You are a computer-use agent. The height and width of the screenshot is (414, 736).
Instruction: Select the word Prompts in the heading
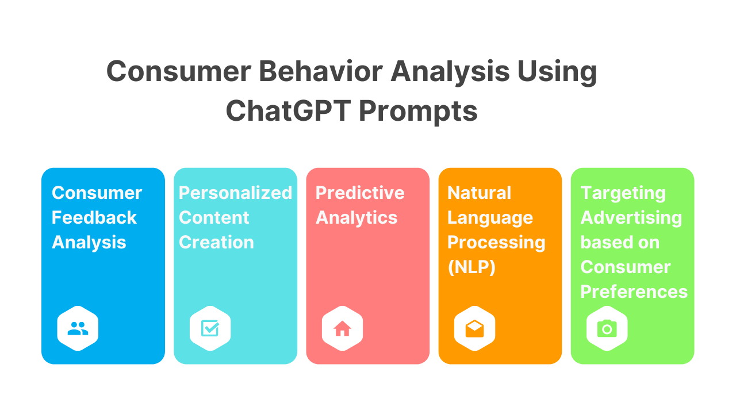pos(418,110)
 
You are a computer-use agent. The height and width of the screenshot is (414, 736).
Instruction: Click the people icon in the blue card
pos(78,329)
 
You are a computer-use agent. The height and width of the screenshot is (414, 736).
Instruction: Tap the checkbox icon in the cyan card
pos(210,329)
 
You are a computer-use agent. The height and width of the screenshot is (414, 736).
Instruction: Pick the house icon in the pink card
pos(342,329)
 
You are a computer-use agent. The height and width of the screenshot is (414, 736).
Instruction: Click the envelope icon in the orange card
pos(474,329)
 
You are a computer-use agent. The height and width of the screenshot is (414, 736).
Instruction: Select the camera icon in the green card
pos(607,329)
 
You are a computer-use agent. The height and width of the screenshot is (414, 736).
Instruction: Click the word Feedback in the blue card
pos(94,217)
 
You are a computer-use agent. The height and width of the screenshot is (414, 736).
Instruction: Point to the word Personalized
pos(235,193)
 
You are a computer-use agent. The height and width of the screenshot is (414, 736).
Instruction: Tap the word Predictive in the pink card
pos(360,193)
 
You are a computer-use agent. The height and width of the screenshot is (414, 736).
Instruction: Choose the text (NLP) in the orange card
pos(471,267)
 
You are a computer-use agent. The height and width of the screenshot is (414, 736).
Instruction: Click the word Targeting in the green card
pos(623,193)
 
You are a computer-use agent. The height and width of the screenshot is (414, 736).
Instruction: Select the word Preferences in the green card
pos(634,292)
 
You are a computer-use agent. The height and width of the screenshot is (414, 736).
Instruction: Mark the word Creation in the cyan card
pos(216,242)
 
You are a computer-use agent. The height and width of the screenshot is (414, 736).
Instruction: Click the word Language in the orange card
pos(490,217)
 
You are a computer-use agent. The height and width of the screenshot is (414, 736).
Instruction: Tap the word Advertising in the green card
pos(631,217)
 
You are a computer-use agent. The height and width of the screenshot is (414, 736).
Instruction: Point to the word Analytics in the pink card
pos(356,217)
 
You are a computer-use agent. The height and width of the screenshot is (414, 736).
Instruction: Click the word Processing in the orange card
pos(496,242)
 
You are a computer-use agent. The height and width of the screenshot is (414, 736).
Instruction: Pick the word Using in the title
pos(557,72)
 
